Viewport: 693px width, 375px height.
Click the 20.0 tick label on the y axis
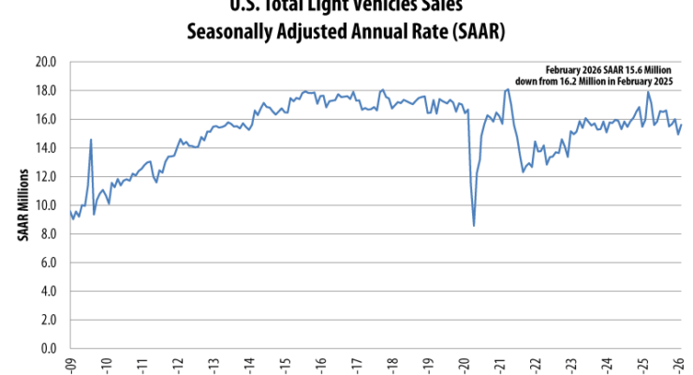pos(46,62)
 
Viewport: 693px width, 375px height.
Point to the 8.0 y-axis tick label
pos(48,233)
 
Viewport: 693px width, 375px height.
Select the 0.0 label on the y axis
pos(48,348)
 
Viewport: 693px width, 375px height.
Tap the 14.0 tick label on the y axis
pos(46,148)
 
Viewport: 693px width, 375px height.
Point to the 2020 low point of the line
pos(474,225)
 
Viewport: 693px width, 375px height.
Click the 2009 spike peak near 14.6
pos(91,140)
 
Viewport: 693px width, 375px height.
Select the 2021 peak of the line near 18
pos(508,89)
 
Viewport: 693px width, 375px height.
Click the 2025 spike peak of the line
pos(648,91)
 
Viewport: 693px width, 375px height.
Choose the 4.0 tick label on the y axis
pos(48,291)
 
